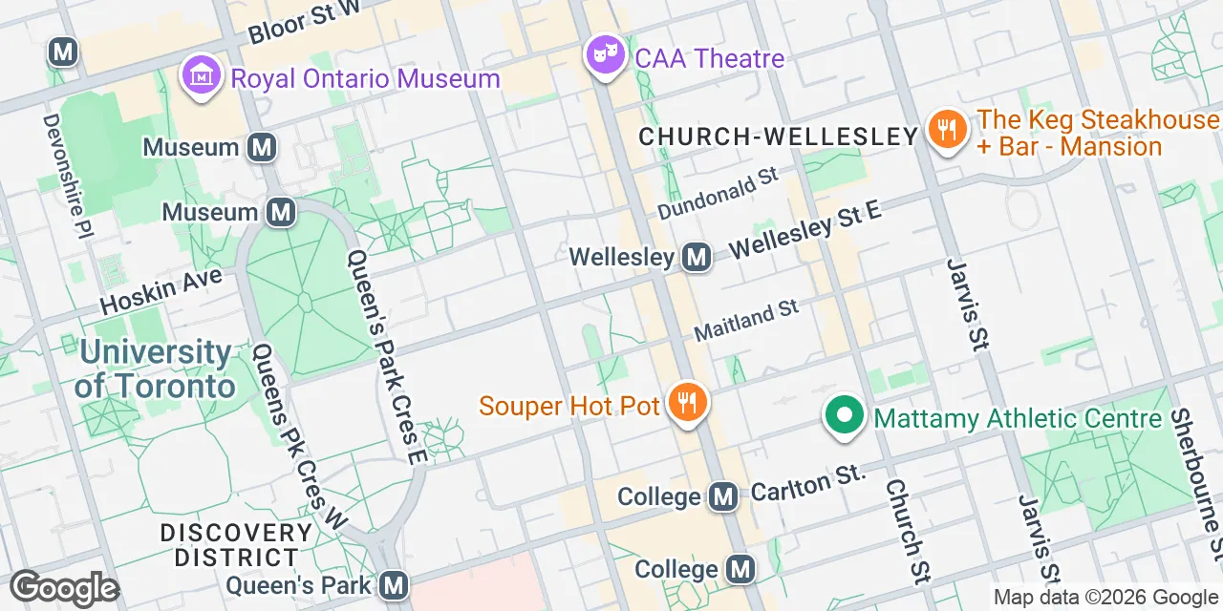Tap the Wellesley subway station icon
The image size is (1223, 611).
point(697,257)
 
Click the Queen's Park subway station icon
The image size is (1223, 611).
point(393,584)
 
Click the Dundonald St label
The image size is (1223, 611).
point(719,194)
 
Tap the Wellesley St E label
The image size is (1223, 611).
point(805,229)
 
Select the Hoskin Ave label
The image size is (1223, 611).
point(161,291)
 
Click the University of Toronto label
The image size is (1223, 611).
point(155,369)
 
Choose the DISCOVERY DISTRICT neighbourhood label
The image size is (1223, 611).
point(236,544)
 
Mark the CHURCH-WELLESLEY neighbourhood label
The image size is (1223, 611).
point(778,137)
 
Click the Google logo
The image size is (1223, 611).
point(63,588)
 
